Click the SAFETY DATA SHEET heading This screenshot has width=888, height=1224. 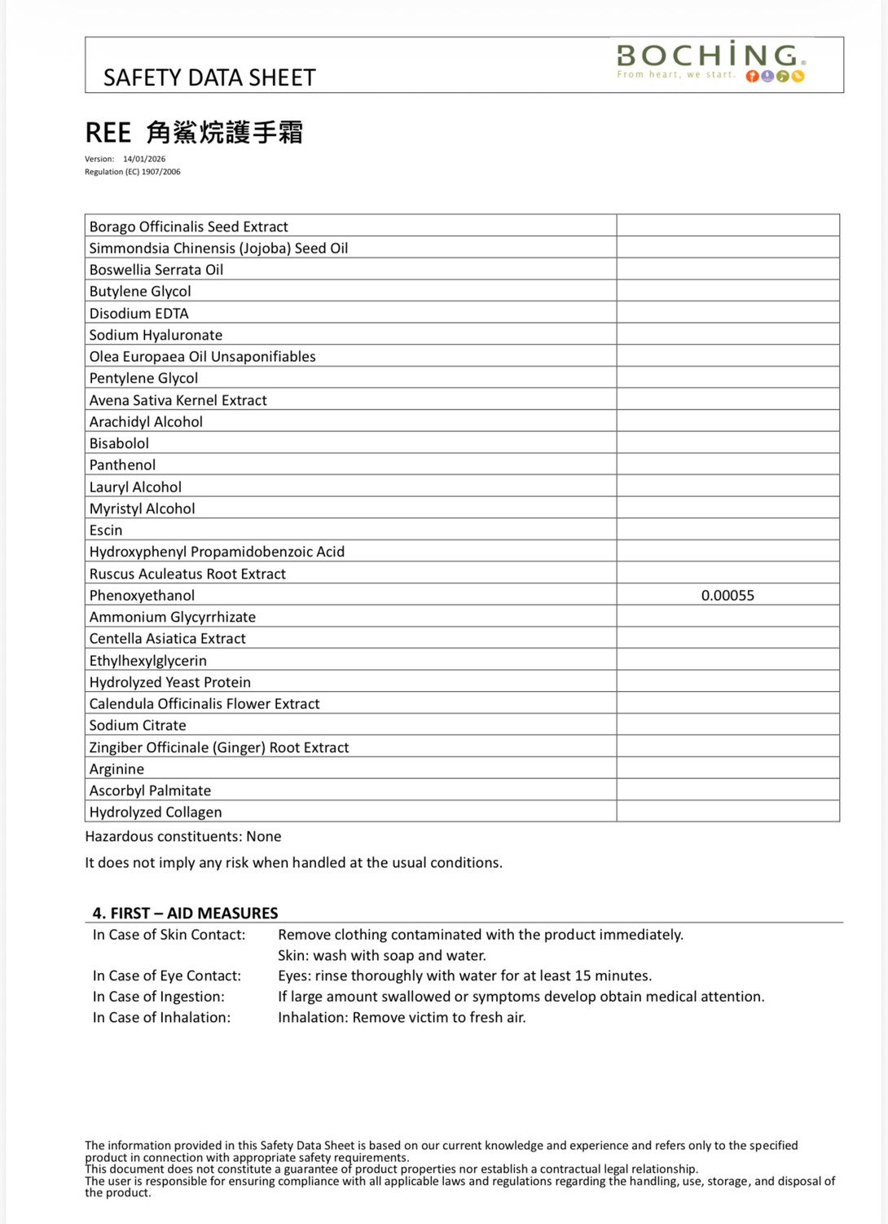pyautogui.click(x=209, y=78)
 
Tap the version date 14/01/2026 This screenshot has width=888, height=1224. pyautogui.click(x=144, y=159)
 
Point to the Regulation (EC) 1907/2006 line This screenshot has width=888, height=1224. pyautogui.click(x=133, y=172)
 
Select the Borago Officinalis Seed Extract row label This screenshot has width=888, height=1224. pyautogui.click(x=188, y=227)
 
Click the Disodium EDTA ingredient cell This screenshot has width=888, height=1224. pyautogui.click(x=138, y=314)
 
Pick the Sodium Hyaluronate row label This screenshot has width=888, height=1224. pyautogui.click(x=156, y=335)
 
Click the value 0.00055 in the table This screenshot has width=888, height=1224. pyautogui.click(x=728, y=596)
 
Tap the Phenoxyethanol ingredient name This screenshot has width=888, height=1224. pyautogui.click(x=142, y=596)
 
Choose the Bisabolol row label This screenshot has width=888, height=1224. pyautogui.click(x=119, y=443)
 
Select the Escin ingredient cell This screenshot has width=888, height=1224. pyautogui.click(x=106, y=531)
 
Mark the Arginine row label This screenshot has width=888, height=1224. pyautogui.click(x=116, y=769)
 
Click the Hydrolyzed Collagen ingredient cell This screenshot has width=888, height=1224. pyautogui.click(x=156, y=812)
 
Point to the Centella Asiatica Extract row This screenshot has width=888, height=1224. pyautogui.click(x=167, y=639)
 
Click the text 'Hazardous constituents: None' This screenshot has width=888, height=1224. pyautogui.click(x=183, y=837)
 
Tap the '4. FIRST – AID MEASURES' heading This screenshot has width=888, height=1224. pyautogui.click(x=185, y=914)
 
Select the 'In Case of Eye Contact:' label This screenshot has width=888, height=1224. pyautogui.click(x=167, y=976)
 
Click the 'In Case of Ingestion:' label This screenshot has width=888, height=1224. pyautogui.click(x=159, y=997)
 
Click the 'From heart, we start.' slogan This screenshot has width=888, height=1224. pyautogui.click(x=675, y=75)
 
